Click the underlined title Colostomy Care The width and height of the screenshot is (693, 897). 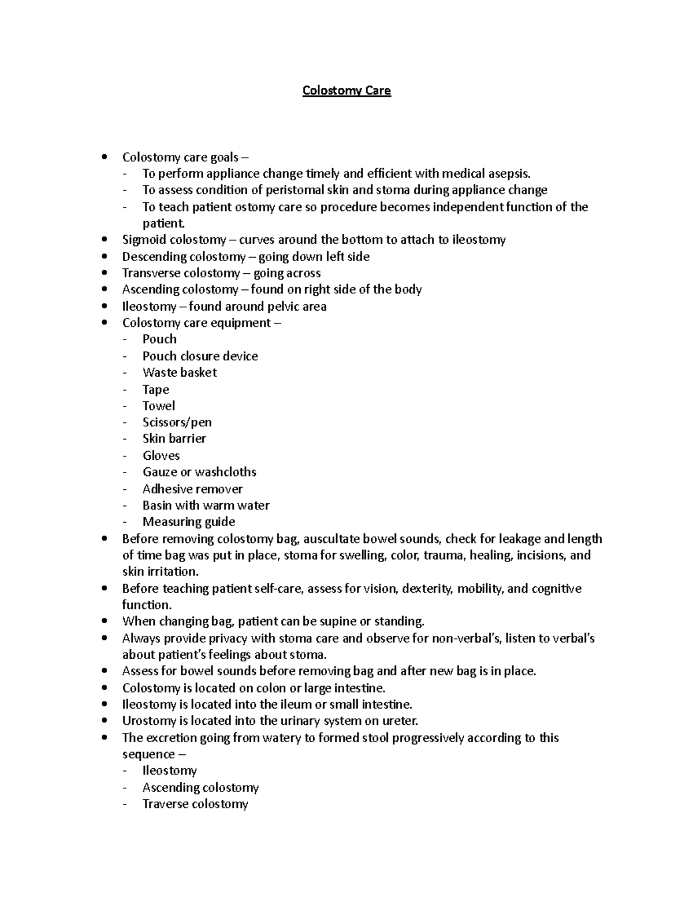tap(346, 91)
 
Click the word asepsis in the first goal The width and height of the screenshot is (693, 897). tap(508, 173)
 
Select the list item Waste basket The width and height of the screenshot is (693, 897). tap(180, 373)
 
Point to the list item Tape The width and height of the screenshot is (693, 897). tap(156, 389)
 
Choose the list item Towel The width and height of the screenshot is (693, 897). tap(159, 405)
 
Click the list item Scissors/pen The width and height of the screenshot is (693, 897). tap(177, 422)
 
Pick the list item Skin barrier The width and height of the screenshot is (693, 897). tap(174, 438)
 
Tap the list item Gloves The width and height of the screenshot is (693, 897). tap(161, 455)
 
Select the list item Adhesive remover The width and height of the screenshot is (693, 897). tap(193, 489)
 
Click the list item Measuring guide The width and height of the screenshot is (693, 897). tap(189, 522)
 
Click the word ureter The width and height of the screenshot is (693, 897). tap(399, 721)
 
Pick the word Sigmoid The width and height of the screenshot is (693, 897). tap(144, 240)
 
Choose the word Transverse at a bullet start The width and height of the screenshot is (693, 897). tap(152, 273)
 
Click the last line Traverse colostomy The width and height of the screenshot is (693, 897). tap(195, 804)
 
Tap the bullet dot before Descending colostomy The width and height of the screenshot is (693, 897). tap(104, 256)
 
